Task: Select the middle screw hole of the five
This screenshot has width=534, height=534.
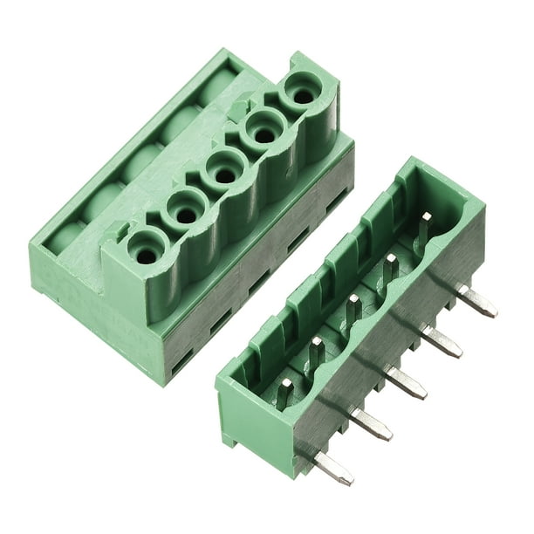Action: [x=223, y=171]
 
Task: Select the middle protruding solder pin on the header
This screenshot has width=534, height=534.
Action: [x=407, y=380]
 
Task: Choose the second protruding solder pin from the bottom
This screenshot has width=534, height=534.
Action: [x=372, y=422]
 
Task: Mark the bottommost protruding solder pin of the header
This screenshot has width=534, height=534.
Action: [x=334, y=468]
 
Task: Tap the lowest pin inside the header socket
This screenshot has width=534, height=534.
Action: [x=284, y=393]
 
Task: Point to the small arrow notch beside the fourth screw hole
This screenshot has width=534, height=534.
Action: [x=237, y=110]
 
